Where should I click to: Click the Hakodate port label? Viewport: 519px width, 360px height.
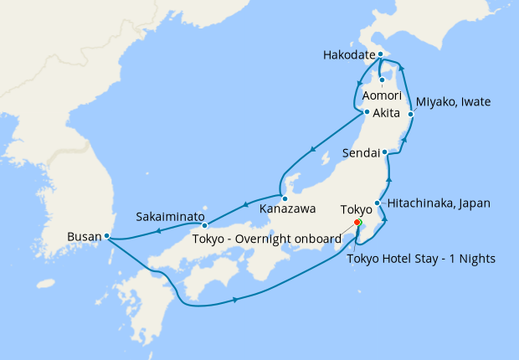tap(348, 56)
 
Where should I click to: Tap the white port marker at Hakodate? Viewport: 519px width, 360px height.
tap(380, 55)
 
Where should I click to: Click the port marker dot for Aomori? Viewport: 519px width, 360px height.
tap(382, 80)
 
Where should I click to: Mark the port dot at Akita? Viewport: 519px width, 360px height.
tap(367, 112)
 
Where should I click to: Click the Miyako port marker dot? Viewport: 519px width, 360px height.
tap(410, 114)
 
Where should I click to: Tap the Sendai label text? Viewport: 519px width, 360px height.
tap(361, 153)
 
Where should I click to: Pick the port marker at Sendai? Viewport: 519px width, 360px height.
tap(384, 152)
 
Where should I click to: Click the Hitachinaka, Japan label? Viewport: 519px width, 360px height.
tap(438, 203)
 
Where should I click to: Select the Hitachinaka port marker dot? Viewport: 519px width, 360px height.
tap(378, 203)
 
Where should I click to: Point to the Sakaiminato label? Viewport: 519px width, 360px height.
tap(170, 217)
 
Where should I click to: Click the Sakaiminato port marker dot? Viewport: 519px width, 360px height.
tap(205, 224)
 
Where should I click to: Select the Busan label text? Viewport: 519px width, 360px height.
tap(84, 237)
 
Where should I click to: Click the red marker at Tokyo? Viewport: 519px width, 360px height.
tap(357, 224)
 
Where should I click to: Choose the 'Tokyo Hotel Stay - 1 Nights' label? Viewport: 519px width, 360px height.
tap(421, 258)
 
